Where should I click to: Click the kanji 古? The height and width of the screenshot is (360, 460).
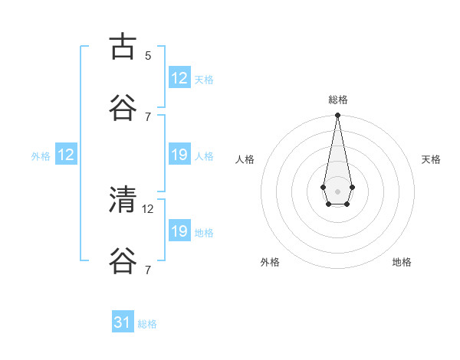[124, 47]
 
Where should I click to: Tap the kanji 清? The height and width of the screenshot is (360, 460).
[124, 200]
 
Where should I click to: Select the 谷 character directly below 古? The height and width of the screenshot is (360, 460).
[124, 108]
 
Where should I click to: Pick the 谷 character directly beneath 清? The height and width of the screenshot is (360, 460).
[124, 261]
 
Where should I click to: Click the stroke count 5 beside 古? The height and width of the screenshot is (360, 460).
[148, 55]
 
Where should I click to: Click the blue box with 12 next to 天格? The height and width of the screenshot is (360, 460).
[179, 78]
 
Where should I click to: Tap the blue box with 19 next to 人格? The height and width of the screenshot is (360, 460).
[179, 155]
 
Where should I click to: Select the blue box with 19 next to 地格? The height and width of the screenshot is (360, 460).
[179, 231]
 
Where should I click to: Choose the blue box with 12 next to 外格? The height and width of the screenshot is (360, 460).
[66, 155]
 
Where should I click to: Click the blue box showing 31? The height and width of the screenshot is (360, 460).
[123, 323]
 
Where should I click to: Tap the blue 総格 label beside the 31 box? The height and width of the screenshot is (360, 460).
[147, 324]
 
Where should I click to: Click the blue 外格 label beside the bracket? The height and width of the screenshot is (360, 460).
[41, 156]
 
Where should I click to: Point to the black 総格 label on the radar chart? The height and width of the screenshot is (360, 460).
[337, 100]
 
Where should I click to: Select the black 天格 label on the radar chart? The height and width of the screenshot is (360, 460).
[431, 159]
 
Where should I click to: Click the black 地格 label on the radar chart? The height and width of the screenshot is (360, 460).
[402, 262]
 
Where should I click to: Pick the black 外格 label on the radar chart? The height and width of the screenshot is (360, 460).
[270, 262]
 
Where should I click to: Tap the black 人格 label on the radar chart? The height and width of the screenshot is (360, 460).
[245, 159]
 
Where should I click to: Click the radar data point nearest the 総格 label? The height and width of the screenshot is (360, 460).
[337, 116]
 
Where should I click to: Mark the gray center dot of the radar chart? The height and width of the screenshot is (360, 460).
[337, 191]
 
